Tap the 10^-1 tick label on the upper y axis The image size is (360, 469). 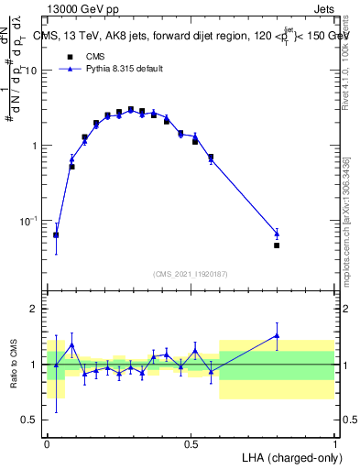pos(27,221)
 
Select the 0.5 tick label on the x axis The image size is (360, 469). pos(191,442)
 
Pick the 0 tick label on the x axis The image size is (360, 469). pos(47,442)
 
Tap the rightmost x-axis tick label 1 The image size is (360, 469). pos(334,442)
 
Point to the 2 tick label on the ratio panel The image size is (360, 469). pos(35,310)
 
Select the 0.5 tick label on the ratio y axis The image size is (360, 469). pos(30,420)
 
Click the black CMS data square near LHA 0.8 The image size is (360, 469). pos(277,245)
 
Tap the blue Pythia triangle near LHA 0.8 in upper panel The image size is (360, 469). pos(277,234)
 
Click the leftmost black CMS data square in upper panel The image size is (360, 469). pos(56,235)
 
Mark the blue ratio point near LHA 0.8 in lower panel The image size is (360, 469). pos(277,335)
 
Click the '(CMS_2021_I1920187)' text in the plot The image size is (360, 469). pos(191,273)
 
